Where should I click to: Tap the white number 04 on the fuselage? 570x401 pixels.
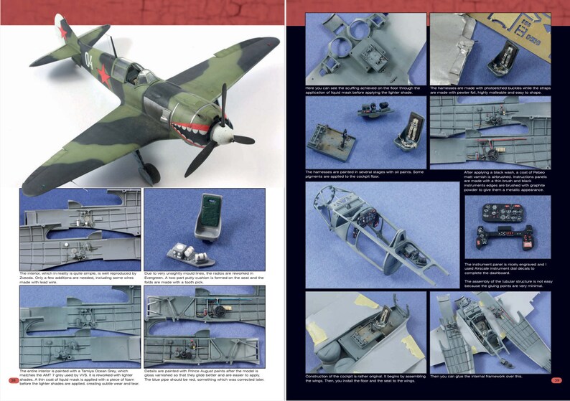(91, 55)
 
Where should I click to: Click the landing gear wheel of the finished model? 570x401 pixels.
(148, 171)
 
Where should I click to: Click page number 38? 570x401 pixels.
(13, 380)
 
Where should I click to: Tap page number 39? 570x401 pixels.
(556, 380)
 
